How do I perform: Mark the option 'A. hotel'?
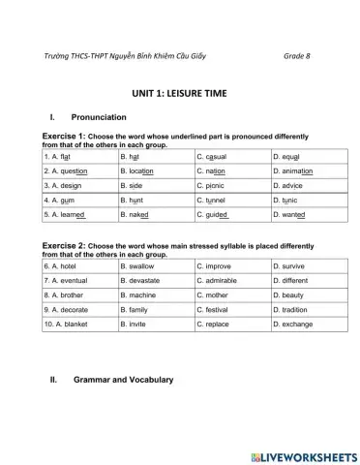[x=62, y=264]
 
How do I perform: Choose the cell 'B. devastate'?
[x=143, y=280]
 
